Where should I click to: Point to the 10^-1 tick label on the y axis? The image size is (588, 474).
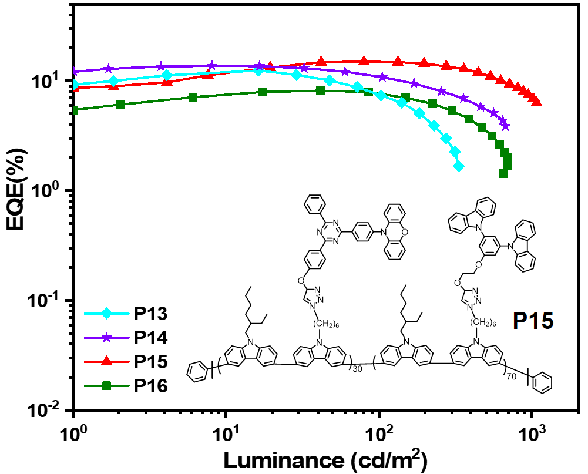(x=47, y=300)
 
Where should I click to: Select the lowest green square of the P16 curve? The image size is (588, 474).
(x=503, y=173)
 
